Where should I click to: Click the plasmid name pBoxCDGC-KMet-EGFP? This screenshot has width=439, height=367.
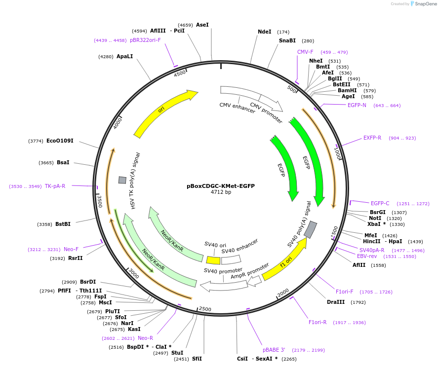(x=220, y=186)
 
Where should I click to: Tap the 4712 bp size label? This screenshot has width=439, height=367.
(x=220, y=192)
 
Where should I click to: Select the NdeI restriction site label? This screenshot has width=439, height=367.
(x=265, y=32)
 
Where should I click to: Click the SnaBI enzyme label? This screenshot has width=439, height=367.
(x=287, y=41)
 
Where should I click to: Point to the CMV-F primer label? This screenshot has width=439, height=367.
(x=305, y=52)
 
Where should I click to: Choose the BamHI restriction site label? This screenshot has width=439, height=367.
(x=347, y=90)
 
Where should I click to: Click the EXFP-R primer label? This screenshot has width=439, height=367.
(x=372, y=138)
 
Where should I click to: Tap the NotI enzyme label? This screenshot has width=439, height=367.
(x=375, y=218)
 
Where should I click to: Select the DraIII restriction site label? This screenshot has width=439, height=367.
(x=336, y=302)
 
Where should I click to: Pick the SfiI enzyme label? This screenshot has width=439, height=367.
(x=197, y=359)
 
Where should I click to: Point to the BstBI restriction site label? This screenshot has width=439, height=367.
(x=63, y=224)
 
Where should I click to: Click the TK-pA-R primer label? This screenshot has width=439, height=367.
(x=55, y=186)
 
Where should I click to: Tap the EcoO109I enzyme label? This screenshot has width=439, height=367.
(x=60, y=141)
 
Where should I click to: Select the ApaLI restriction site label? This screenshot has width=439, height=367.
(x=124, y=56)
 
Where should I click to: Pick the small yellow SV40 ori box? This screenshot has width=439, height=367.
(x=213, y=260)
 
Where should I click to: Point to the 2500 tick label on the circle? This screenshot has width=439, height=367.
(x=204, y=309)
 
